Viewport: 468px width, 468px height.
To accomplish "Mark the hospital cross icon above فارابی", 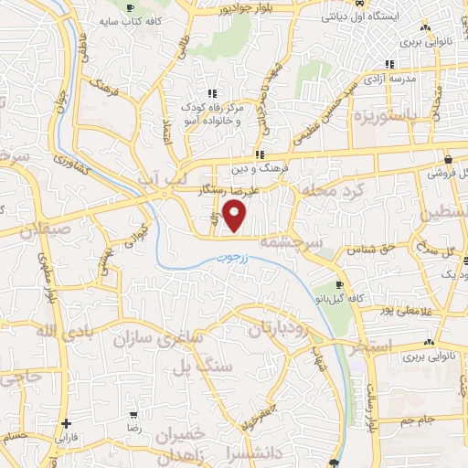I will pos(66,424).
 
